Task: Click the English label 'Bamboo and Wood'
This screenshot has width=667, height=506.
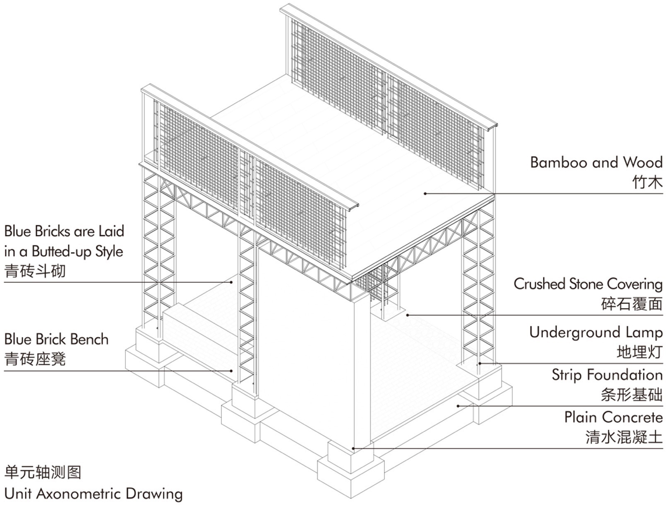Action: pyautogui.click(x=596, y=162)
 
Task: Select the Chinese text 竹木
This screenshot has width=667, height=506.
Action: pyautogui.click(x=647, y=182)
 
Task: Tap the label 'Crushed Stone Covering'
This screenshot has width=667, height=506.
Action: pyautogui.click(x=588, y=284)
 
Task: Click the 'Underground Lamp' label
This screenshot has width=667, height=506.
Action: pyautogui.click(x=596, y=333)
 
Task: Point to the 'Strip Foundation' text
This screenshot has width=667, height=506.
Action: pyautogui.click(x=607, y=375)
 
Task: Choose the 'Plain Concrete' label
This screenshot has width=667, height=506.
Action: pyautogui.click(x=613, y=417)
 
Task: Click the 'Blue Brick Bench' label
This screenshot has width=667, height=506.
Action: pyautogui.click(x=56, y=340)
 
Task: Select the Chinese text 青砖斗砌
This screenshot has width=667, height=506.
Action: pyautogui.click(x=35, y=272)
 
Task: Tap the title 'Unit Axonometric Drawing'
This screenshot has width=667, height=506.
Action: pyautogui.click(x=94, y=494)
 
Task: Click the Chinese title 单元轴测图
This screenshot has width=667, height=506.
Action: pyautogui.click(x=43, y=472)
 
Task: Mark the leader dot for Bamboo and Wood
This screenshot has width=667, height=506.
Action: pyautogui.click(x=425, y=193)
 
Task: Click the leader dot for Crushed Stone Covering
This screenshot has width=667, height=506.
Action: pyautogui.click(x=408, y=315)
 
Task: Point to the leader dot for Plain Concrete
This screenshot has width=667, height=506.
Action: pyautogui.click(x=353, y=448)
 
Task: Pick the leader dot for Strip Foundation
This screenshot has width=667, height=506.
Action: pyautogui.click(x=458, y=406)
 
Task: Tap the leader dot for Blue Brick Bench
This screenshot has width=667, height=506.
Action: pyautogui.click(x=232, y=371)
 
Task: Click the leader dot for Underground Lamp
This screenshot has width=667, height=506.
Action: pyautogui.click(x=479, y=364)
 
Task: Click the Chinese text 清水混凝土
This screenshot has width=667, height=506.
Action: pyautogui.click(x=624, y=437)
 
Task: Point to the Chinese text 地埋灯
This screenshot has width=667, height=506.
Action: pyautogui.click(x=639, y=352)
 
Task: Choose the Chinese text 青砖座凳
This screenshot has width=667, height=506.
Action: pyautogui.click(x=35, y=359)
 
